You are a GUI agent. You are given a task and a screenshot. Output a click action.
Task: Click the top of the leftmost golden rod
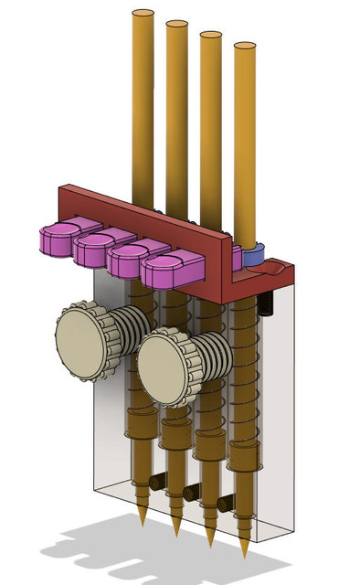(x=143, y=15)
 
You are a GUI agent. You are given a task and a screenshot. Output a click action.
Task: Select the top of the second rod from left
(x=177, y=25)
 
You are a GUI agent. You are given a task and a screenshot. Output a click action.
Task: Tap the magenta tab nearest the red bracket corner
(x=172, y=269)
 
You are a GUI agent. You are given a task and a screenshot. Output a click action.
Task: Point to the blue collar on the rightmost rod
(x=251, y=250)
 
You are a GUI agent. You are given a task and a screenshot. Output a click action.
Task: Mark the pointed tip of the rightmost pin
(x=246, y=556)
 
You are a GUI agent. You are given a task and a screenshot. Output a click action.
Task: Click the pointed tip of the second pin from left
(x=175, y=534)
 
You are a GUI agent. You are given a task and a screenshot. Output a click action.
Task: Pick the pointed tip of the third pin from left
(x=211, y=545)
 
